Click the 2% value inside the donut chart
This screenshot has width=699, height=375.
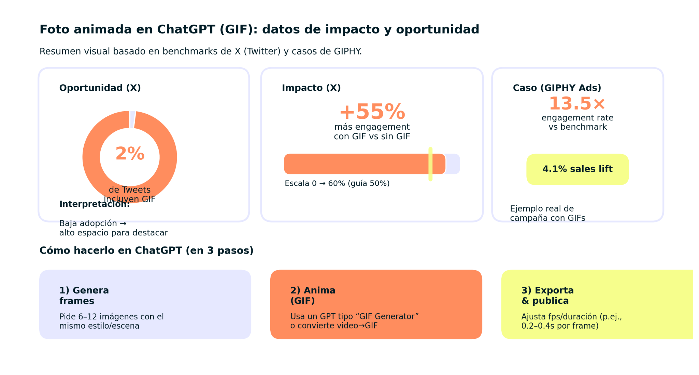point(130,154)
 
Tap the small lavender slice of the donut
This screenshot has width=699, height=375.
point(132,119)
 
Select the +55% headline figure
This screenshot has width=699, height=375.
point(372,112)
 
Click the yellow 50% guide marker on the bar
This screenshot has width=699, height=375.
point(430,164)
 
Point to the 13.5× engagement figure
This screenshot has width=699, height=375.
point(577,103)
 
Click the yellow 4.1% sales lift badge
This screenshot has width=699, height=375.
point(577,169)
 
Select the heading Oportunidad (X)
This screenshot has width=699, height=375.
point(100,88)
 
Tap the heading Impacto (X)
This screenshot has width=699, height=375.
point(311,88)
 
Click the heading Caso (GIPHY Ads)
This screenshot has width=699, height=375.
point(557,88)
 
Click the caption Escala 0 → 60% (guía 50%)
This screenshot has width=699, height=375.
point(337,184)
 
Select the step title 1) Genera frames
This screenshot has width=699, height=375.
point(84,295)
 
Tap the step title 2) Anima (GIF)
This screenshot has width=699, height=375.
point(313,295)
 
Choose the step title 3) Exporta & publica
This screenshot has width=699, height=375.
point(547,295)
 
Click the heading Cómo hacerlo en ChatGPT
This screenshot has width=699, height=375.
point(146,250)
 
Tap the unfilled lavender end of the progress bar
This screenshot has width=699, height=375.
point(453,164)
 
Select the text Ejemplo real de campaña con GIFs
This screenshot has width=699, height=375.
point(547,213)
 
